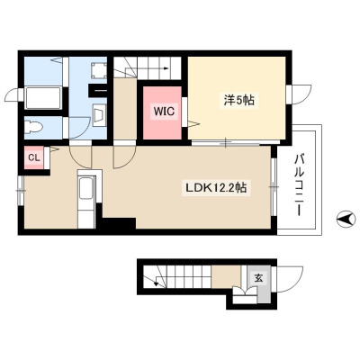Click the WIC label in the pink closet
(x=164, y=112)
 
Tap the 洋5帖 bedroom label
(x=238, y=100)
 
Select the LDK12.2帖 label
(x=216, y=188)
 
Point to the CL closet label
(x=34, y=157)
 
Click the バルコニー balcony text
(x=300, y=184)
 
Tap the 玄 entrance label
(x=258, y=278)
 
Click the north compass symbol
(x=346, y=220)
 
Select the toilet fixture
(x=32, y=127)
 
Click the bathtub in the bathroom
(x=43, y=98)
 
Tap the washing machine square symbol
(x=98, y=70)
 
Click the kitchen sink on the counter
(x=86, y=188)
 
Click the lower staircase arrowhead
(x=156, y=283)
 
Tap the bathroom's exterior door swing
(x=12, y=94)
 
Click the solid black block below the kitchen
(x=119, y=223)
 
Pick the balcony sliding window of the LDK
(x=274, y=187)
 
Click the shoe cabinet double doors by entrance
(x=245, y=292)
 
